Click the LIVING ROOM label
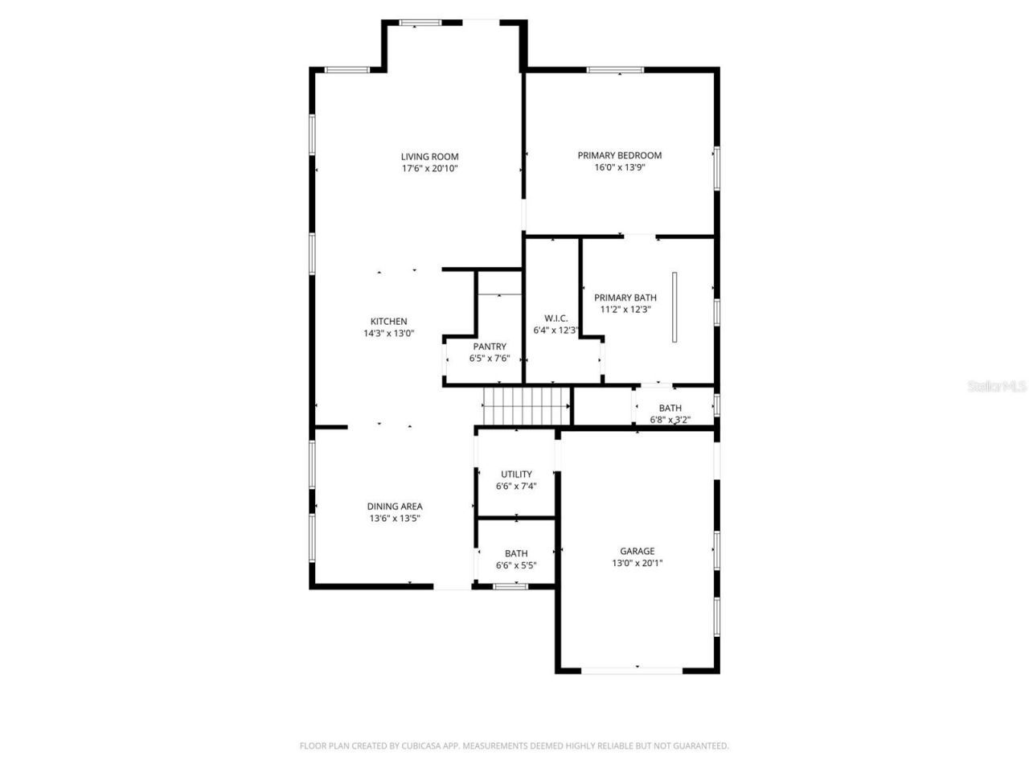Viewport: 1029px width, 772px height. [429, 157]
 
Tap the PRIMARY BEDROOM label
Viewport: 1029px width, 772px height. [619, 155]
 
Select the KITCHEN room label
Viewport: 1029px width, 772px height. [388, 322]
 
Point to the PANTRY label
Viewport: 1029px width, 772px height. [490, 347]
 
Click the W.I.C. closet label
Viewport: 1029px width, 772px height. [555, 318]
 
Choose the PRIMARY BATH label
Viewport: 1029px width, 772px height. [625, 298]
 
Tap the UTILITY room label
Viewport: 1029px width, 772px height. [516, 474]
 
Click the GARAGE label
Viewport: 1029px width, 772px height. [637, 551]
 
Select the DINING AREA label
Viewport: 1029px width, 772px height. [395, 507]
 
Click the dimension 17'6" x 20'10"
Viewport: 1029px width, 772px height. [429, 169]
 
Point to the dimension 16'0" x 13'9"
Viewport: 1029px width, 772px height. [619, 167]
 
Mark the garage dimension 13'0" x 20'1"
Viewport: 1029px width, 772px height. [637, 563]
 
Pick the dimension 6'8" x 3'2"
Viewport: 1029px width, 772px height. [670, 420]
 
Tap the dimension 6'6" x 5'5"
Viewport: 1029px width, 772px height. [516, 565]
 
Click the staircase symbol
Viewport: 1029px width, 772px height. [525, 406]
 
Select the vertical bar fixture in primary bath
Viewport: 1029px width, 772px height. [674, 307]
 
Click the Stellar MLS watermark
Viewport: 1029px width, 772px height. [997, 386]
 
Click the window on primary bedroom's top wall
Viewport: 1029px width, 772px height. [615, 70]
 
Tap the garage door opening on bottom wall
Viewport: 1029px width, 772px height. [632, 670]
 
